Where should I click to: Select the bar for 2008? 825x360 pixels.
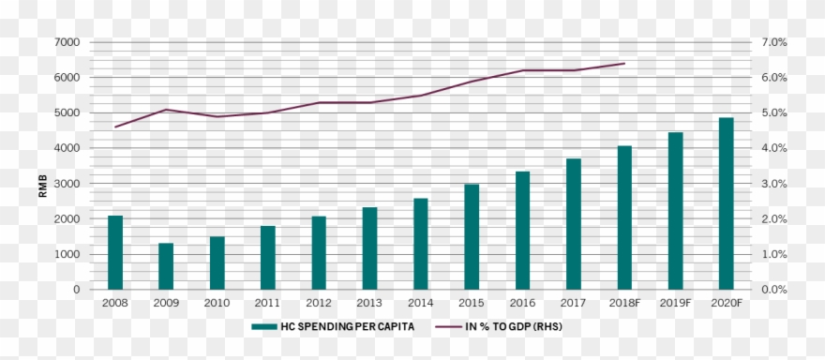pos(115,252)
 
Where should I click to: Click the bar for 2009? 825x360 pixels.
pos(166,266)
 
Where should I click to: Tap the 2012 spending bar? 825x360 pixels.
pos(319,252)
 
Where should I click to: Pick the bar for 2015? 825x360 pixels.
pos(472,236)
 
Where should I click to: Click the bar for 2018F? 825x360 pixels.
pos(624,217)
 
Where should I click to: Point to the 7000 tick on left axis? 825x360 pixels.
pos(67,42)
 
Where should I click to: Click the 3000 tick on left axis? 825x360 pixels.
pos(67,184)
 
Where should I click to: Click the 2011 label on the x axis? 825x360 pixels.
pos(268,304)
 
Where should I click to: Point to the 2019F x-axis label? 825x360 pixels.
pos(675,304)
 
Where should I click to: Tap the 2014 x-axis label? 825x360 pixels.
pos(421,304)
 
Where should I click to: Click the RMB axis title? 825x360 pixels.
pos(43,187)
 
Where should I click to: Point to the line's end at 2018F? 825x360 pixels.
pos(624,64)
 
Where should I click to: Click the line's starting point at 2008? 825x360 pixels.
pos(115,127)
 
